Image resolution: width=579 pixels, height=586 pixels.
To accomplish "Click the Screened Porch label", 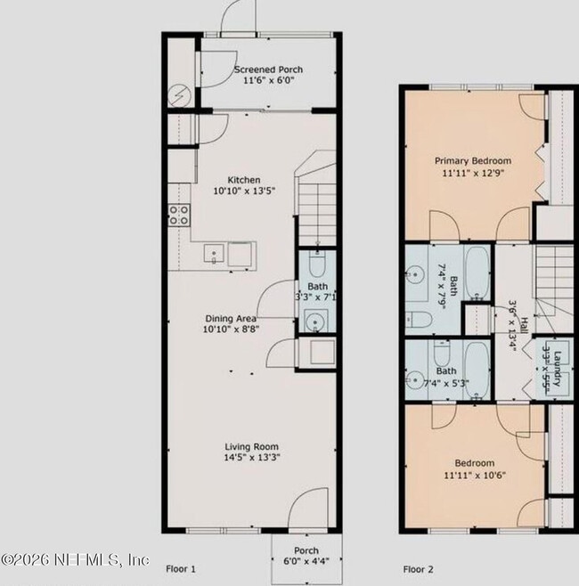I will click(268, 69).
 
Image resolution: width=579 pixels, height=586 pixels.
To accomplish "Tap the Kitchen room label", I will click(243, 179).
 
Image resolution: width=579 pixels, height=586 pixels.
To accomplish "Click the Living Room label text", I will click(251, 447).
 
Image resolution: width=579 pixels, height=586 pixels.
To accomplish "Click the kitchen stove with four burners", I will click(178, 214).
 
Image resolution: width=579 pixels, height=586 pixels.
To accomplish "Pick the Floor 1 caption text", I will click(181, 567).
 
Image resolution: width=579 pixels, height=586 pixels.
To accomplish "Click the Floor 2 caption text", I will click(418, 567).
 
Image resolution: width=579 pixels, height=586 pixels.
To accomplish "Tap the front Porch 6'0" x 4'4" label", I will click(306, 555).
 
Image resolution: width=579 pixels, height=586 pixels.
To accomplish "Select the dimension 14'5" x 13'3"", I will click(251, 459).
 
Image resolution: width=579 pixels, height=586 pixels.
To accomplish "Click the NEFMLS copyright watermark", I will click(75, 560).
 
